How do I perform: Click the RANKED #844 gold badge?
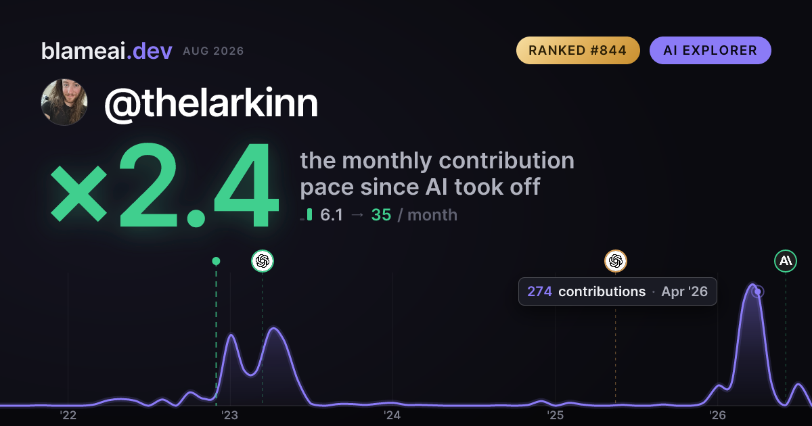pyautogui.click(x=578, y=50)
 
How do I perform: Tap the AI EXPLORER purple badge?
pyautogui.click(x=710, y=50)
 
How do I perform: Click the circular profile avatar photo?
pyautogui.click(x=64, y=102)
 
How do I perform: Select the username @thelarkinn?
pyautogui.click(x=211, y=104)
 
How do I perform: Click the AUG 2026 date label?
pyautogui.click(x=213, y=51)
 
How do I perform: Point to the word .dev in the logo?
pyautogui.click(x=150, y=51)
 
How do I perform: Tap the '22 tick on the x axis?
pyautogui.click(x=68, y=415)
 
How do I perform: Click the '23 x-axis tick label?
pyautogui.click(x=230, y=415)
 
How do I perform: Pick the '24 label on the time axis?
pyautogui.click(x=392, y=415)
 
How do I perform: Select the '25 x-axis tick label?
pyautogui.click(x=556, y=415)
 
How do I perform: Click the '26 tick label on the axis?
pyautogui.click(x=717, y=415)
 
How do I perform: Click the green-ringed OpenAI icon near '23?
pyautogui.click(x=263, y=261)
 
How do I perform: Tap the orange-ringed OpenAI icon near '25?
pyautogui.click(x=616, y=261)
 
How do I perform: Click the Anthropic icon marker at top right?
pyautogui.click(x=786, y=261)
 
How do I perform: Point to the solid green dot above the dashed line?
pyautogui.click(x=216, y=261)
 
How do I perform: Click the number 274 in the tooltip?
pyautogui.click(x=540, y=291)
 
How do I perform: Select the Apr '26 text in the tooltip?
pyautogui.click(x=684, y=291)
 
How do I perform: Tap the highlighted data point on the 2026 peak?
pyautogui.click(x=758, y=291)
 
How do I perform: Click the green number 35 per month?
pyautogui.click(x=382, y=215)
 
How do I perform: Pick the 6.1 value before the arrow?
pyautogui.click(x=332, y=215)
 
